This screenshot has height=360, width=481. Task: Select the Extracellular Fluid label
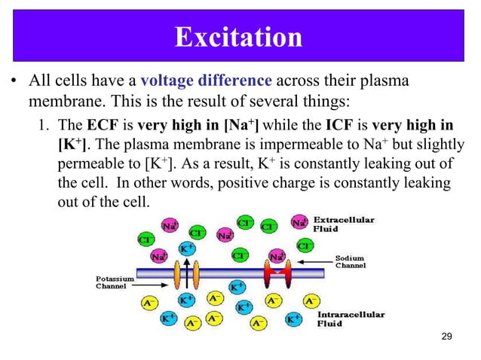[348, 224]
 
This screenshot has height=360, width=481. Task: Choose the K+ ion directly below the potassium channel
[185, 300]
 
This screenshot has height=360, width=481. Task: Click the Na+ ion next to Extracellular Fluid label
[299, 223]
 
